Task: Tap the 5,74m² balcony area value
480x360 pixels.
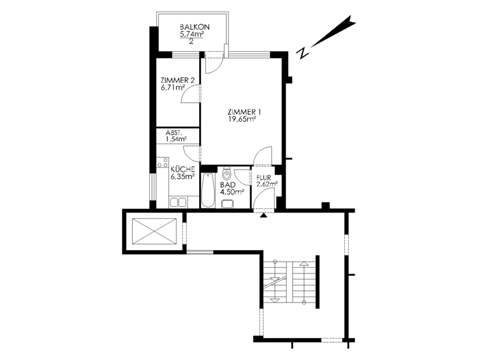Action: coord(192,34)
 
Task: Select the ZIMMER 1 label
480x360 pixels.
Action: coord(244,111)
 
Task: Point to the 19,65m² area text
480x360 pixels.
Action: coord(242,119)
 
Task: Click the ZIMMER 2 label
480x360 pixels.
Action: coord(178,81)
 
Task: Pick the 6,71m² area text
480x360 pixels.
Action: coord(172,88)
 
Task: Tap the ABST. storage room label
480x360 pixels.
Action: coord(174,133)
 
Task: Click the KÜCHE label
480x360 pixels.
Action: coord(183,169)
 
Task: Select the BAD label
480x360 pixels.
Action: coord(228,185)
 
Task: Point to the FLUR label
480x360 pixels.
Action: coord(264,178)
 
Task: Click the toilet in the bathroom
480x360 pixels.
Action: coord(226,174)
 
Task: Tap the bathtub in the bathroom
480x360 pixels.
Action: coord(208,190)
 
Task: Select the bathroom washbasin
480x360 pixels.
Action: coord(227,204)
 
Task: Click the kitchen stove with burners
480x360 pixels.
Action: coord(163,162)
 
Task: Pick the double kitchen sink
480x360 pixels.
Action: coord(178,202)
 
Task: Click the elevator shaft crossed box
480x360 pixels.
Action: coord(155,232)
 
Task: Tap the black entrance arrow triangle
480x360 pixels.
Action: coord(264,215)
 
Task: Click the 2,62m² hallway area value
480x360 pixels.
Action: coord(267,184)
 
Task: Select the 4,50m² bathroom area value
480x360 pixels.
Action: coord(232,192)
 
